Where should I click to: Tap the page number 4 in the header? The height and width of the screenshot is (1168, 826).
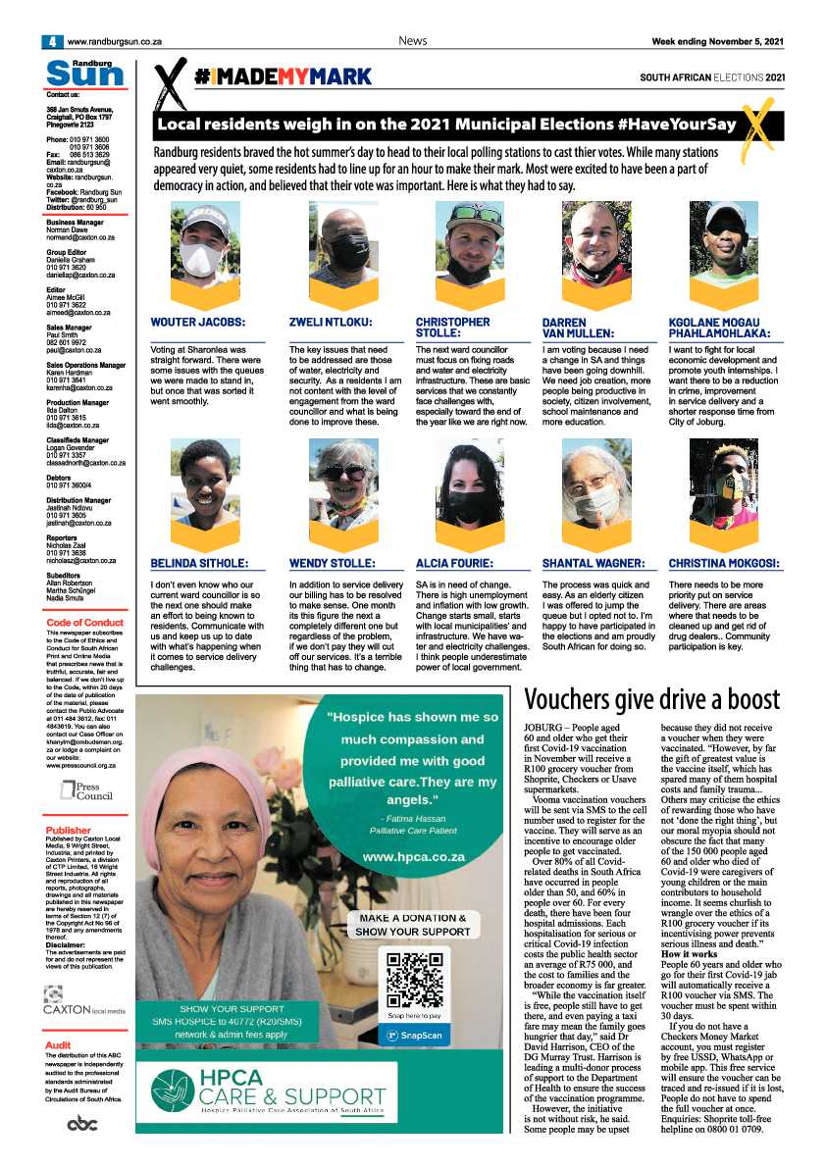47,41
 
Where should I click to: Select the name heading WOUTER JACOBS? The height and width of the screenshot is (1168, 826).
197,322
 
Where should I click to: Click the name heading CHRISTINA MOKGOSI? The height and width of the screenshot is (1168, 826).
724,564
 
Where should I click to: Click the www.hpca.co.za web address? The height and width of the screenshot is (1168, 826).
413,856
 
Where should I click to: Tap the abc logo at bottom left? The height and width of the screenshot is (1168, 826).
82,1123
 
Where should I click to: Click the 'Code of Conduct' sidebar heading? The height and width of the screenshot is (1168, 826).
84,623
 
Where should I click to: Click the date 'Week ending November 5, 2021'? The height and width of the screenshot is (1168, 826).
718,41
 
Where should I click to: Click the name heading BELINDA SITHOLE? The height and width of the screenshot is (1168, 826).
199,564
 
